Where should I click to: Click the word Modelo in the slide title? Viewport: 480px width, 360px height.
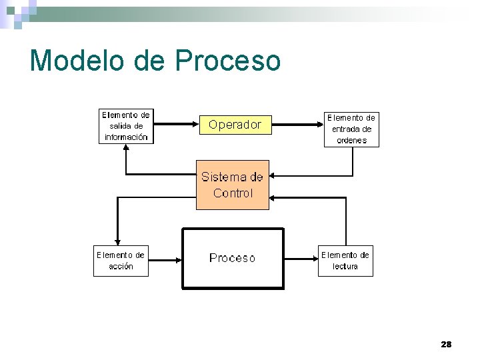click(77, 61)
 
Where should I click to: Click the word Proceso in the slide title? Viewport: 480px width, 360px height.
click(229, 61)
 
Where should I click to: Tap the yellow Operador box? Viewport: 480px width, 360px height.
click(235, 125)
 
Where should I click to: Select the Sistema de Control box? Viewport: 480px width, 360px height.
click(232, 185)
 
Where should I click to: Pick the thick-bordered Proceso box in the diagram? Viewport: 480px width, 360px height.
click(233, 258)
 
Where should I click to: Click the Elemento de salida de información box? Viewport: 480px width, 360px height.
click(126, 126)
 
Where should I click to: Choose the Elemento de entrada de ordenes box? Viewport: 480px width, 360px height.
click(351, 129)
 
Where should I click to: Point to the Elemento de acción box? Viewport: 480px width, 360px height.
click(121, 260)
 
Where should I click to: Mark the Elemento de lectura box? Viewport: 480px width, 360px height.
click(345, 260)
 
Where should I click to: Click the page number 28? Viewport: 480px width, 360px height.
click(446, 345)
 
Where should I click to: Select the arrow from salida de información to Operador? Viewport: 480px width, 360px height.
click(176, 125)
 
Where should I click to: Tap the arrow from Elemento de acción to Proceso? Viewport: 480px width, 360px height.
click(165, 260)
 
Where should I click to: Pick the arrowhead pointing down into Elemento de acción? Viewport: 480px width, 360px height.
click(117, 241)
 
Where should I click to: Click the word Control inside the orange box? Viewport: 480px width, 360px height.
click(233, 193)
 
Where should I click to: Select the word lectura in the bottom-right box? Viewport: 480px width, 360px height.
click(345, 267)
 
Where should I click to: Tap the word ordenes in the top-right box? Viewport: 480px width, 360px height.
click(351, 140)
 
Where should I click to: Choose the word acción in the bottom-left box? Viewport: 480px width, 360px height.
click(121, 267)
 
